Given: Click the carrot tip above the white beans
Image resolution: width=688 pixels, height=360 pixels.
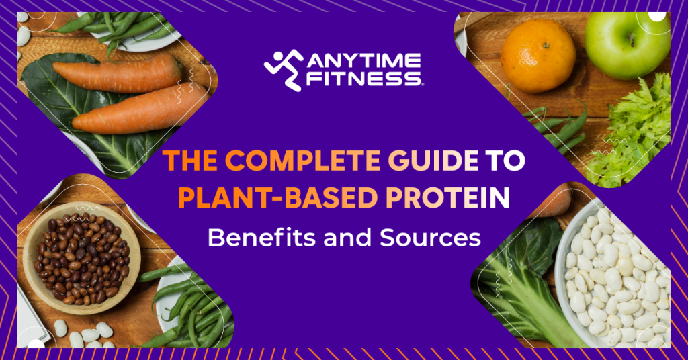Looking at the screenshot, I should coord(558,201).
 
